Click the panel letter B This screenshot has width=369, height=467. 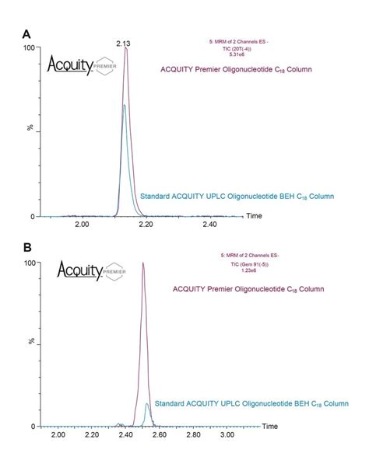(28, 249)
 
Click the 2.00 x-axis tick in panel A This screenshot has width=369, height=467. (82, 224)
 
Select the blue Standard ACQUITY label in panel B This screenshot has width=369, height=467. (251, 403)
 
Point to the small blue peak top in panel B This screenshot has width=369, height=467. (147, 403)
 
